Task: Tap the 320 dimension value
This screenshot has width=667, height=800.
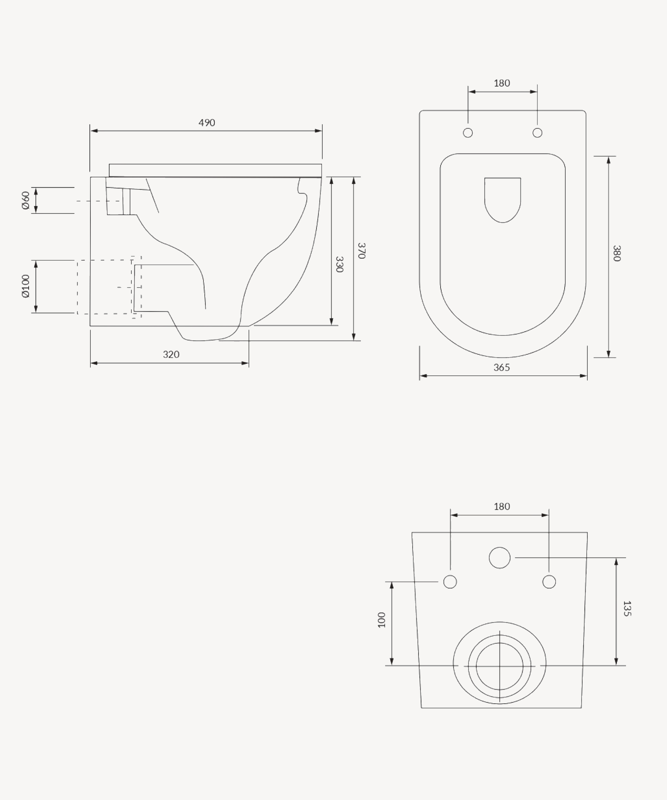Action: (x=171, y=355)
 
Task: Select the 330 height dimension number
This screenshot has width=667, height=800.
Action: (x=339, y=264)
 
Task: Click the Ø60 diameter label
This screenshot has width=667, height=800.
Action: (x=26, y=200)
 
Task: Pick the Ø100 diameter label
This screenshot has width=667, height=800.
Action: (x=26, y=286)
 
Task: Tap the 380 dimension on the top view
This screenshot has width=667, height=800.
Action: (x=617, y=253)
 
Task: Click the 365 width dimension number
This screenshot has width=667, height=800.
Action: (x=502, y=368)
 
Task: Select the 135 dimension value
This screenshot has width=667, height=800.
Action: (x=627, y=608)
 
